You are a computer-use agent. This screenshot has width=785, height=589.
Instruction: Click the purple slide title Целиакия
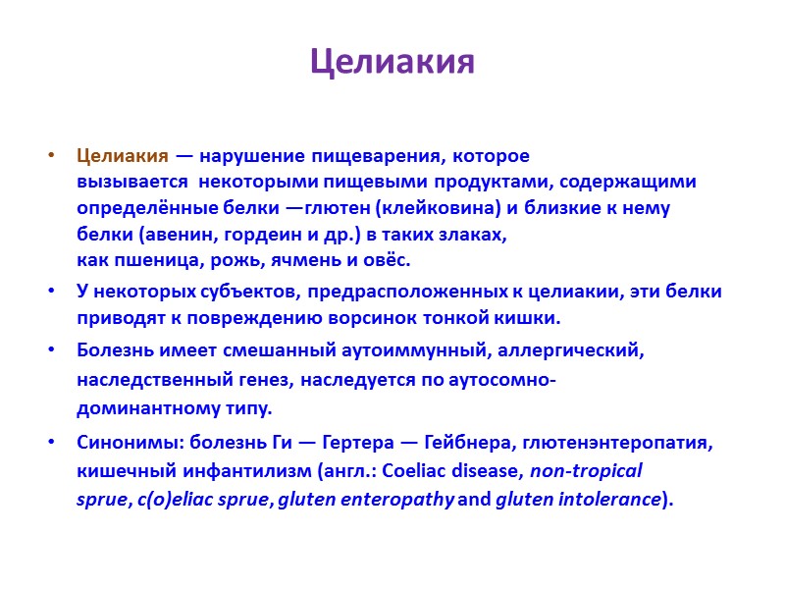pos(392,62)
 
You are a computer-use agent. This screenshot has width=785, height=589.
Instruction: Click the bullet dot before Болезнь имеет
pos(51,349)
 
